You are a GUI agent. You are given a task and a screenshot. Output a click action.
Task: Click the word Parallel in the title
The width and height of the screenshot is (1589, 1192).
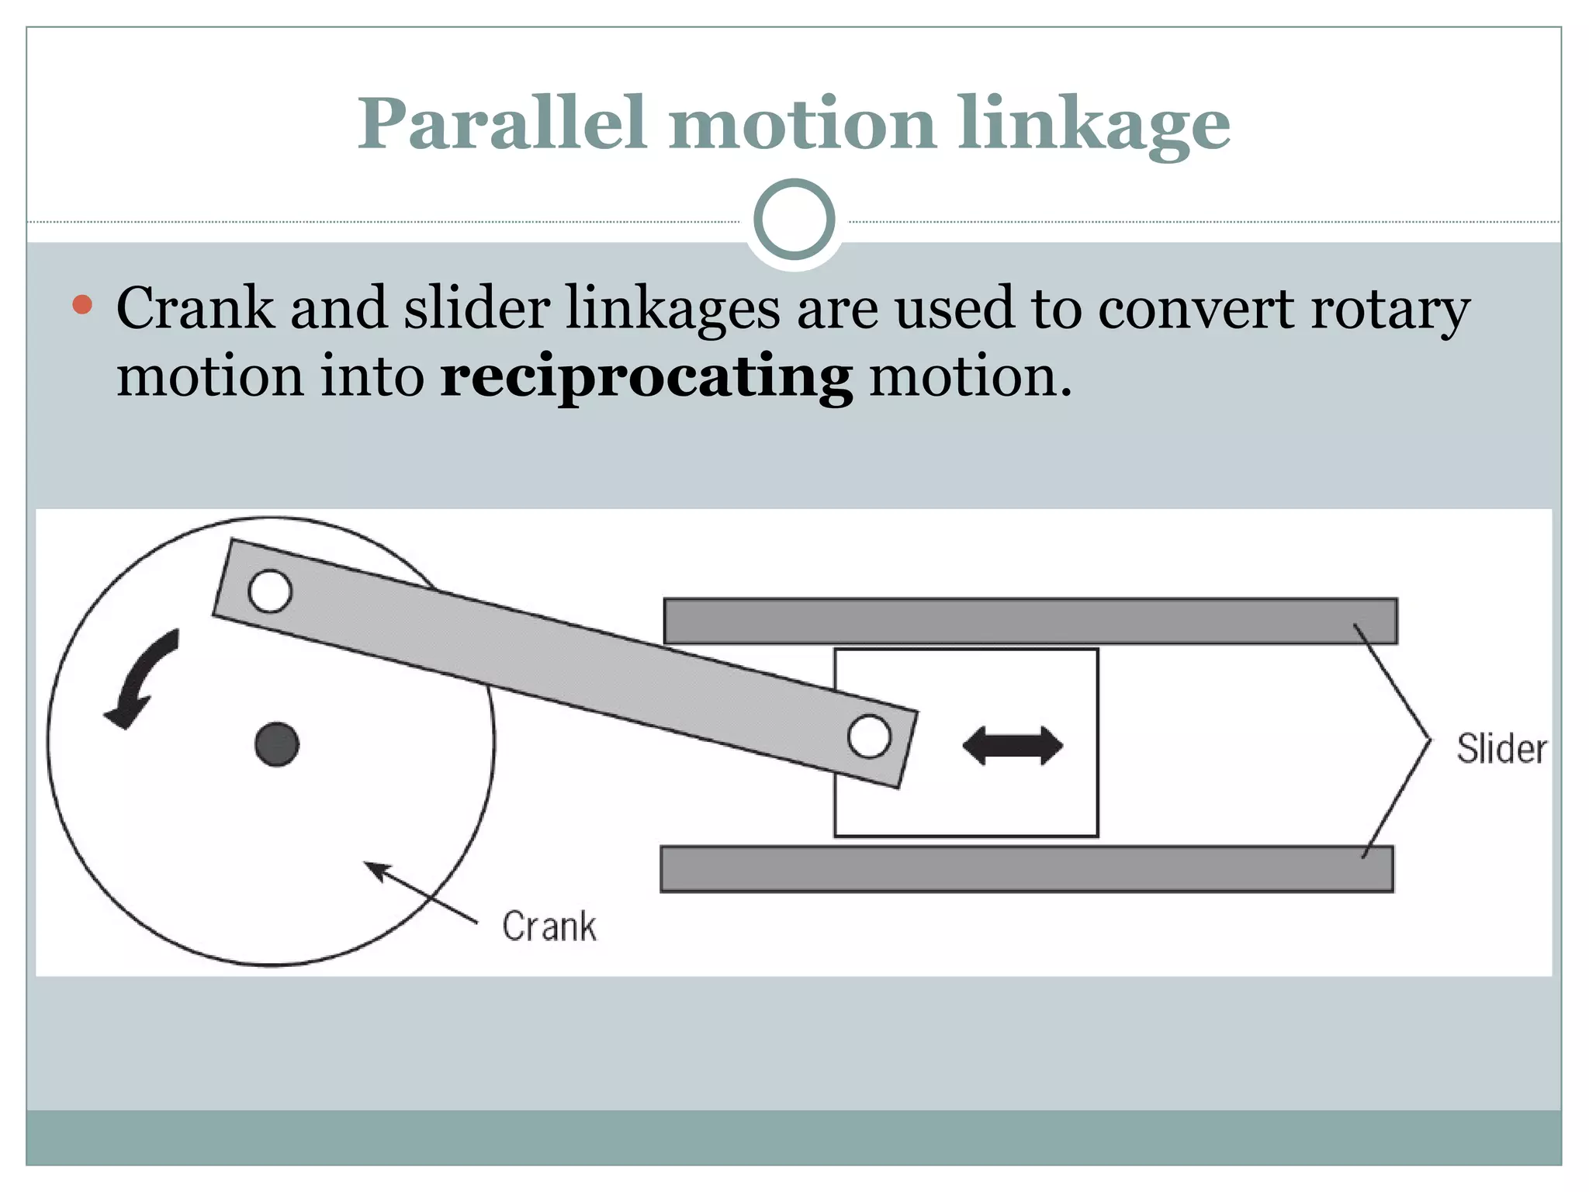click(501, 124)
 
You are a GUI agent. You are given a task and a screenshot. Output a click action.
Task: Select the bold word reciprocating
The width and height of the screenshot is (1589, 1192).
click(646, 378)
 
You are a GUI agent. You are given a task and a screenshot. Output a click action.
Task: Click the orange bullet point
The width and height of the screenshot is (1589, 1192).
click(82, 304)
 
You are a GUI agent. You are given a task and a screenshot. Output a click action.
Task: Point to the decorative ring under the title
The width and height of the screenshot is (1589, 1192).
click(794, 220)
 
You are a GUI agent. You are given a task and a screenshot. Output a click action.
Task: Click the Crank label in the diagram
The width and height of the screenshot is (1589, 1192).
click(549, 926)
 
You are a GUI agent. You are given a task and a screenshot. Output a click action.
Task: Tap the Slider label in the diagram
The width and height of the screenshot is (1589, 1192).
click(1501, 749)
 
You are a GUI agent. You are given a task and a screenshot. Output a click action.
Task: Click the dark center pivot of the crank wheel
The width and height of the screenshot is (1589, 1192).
click(277, 745)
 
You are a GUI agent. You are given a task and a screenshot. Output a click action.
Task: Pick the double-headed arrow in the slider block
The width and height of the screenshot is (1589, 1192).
click(1013, 746)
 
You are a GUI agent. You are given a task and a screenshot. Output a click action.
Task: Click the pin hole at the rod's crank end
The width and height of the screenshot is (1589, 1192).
click(270, 591)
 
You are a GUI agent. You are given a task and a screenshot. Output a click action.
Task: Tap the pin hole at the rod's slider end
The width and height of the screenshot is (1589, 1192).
click(869, 736)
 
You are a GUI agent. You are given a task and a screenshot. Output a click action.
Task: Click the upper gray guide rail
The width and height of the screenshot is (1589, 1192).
click(1030, 621)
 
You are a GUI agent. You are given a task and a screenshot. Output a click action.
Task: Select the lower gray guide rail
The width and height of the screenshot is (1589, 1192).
click(1026, 869)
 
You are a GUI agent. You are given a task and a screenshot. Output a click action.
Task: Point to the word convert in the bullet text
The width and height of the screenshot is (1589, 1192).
click(1196, 308)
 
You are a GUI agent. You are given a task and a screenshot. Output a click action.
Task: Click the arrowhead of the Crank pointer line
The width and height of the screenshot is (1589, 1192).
click(376, 870)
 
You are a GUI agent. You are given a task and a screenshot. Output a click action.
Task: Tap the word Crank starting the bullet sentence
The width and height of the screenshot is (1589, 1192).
click(195, 308)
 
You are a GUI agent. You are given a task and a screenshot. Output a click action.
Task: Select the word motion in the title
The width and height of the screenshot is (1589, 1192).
click(802, 124)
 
